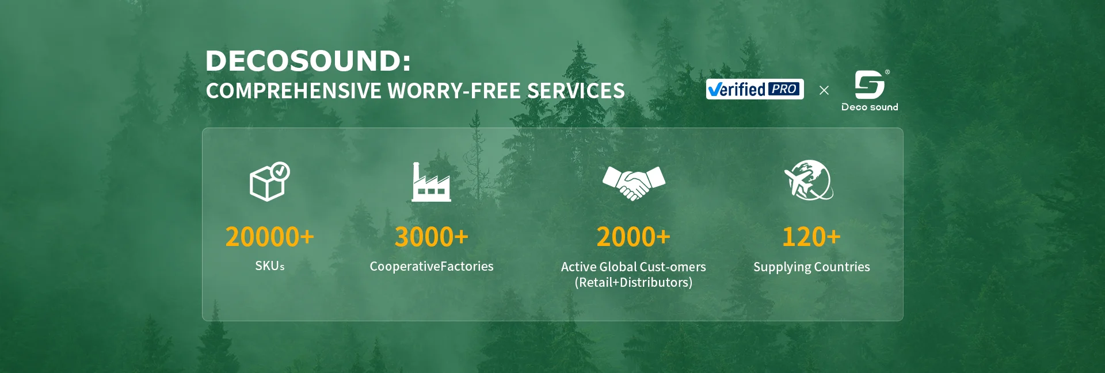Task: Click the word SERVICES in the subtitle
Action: pyautogui.click(x=576, y=91)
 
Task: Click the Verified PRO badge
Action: pyautogui.click(x=755, y=89)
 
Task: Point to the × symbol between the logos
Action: pyautogui.click(x=824, y=90)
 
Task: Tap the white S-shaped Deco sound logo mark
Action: pyautogui.click(x=869, y=84)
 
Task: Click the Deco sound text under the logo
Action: pyautogui.click(x=870, y=107)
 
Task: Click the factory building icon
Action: pyautogui.click(x=431, y=182)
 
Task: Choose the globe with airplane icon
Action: pyautogui.click(x=809, y=180)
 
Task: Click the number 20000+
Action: pyautogui.click(x=269, y=237)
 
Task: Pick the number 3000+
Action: pyautogui.click(x=431, y=237)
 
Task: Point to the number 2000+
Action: pyautogui.click(x=633, y=237)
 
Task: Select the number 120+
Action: pyautogui.click(x=811, y=237)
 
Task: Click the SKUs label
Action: pyautogui.click(x=270, y=266)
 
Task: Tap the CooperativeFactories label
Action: pyautogui.click(x=432, y=266)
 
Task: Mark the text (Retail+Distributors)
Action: pyautogui.click(x=634, y=282)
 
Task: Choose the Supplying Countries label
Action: pyautogui.click(x=811, y=267)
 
